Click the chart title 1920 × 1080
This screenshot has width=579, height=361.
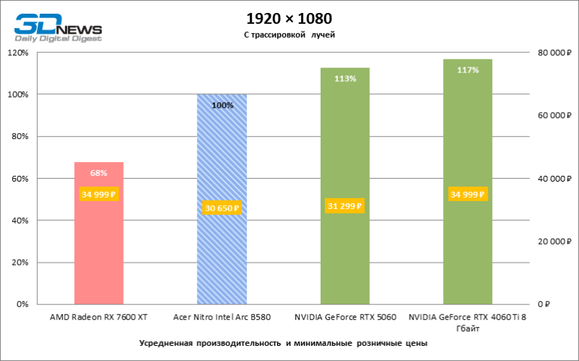(x=289, y=18)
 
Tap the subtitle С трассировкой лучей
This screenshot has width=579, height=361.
(x=289, y=34)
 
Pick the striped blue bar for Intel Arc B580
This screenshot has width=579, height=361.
(x=222, y=253)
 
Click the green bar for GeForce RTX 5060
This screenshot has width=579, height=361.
(x=345, y=253)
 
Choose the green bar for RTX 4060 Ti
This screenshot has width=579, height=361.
(x=468, y=253)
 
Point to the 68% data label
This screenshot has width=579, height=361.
(x=99, y=173)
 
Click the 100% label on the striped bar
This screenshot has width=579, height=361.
(x=222, y=105)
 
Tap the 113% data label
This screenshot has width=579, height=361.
(x=345, y=78)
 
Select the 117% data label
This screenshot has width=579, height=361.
(x=468, y=70)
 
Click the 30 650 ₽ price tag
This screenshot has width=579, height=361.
(x=222, y=208)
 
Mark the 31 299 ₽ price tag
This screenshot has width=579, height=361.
(x=345, y=206)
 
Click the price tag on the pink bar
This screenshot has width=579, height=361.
(x=99, y=195)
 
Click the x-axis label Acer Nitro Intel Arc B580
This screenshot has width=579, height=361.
(x=222, y=317)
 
